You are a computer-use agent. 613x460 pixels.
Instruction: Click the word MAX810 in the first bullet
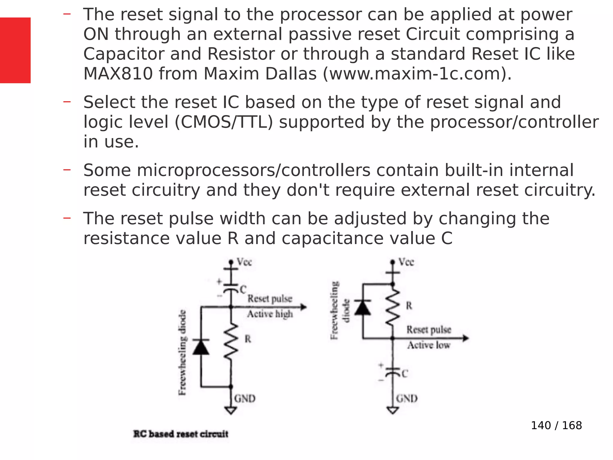coord(118,74)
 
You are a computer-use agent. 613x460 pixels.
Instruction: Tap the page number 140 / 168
coord(556,425)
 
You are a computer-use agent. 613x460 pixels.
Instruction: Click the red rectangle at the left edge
coord(15,50)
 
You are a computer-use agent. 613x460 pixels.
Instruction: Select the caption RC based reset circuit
coord(181,434)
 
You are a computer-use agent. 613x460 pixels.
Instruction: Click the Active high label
coord(270,314)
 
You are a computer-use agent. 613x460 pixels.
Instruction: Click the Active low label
coord(429,345)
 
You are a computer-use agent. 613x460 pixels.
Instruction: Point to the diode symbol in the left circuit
coord(201,347)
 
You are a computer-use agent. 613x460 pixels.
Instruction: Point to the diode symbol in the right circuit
coord(363,307)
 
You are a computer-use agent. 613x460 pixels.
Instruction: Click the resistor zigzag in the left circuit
coord(231,341)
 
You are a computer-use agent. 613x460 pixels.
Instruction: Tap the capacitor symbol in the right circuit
coord(393,372)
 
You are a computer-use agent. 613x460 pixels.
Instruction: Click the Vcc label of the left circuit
coord(244,262)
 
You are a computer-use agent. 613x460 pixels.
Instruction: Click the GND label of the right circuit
coord(406,399)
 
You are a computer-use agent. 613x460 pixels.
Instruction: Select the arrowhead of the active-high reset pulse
coord(304,307)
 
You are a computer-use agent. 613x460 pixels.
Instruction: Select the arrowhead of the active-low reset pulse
coord(465,338)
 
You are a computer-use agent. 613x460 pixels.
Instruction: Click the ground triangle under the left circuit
coord(231,410)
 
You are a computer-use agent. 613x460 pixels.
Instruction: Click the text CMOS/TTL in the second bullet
coord(223,122)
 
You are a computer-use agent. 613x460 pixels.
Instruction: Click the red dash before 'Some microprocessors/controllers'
coord(67,170)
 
